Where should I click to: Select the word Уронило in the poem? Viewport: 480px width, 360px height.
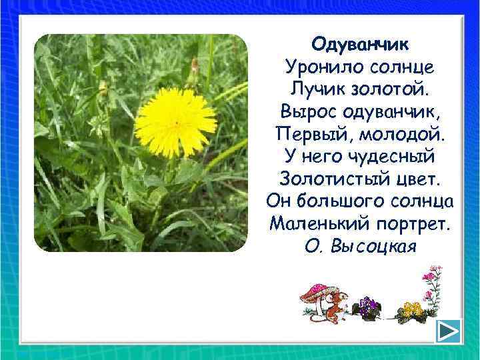(317, 67)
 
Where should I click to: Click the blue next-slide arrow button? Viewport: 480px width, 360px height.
(450, 331)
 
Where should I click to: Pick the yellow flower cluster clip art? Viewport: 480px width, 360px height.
(412, 311)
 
